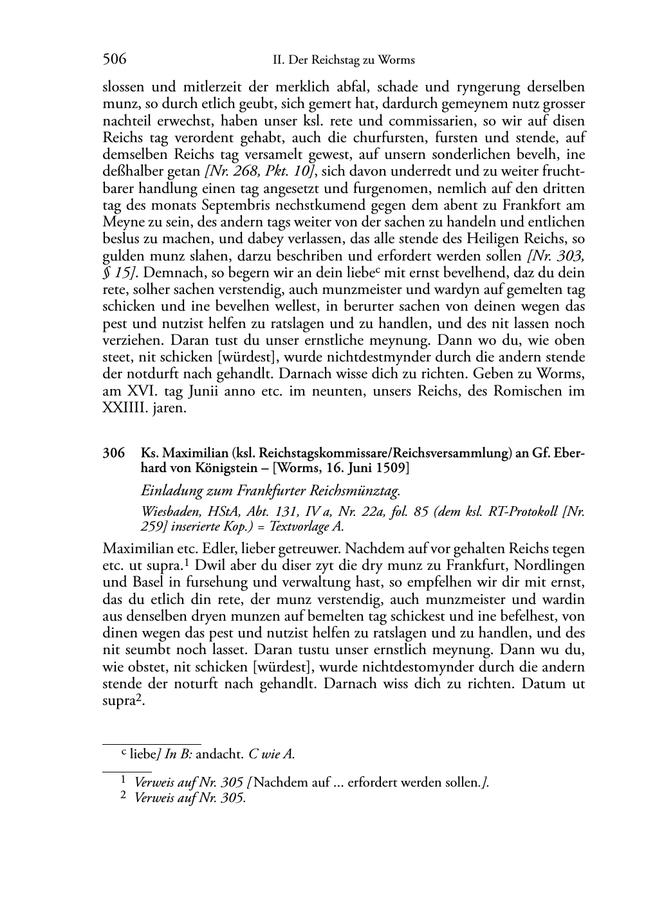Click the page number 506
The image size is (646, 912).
tap(115, 60)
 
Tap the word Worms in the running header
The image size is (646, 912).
tap(398, 60)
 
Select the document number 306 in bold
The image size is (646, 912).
tap(113, 453)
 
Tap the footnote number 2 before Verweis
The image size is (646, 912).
tap(124, 798)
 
